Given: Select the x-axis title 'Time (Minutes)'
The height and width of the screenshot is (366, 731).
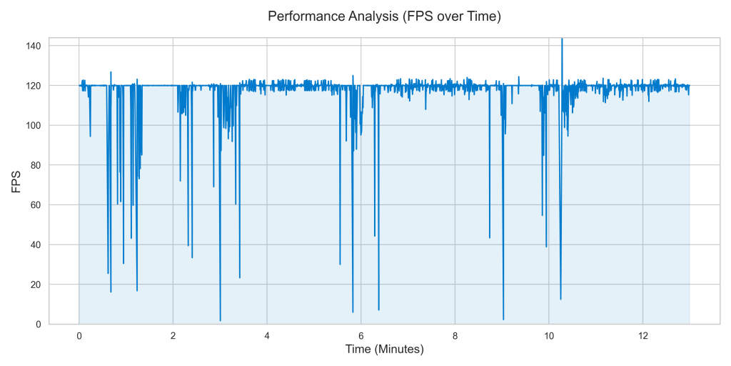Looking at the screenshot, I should click(384, 350).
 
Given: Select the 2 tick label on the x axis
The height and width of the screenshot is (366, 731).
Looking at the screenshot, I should click(173, 335).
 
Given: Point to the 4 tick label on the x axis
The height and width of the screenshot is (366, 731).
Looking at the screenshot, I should click(267, 335).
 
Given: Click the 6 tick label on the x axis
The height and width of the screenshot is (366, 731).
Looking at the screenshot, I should click(361, 335).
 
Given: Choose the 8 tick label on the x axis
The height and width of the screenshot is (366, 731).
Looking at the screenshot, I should click(455, 335).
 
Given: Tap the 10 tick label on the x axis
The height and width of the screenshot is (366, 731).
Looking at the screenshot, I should click(549, 335).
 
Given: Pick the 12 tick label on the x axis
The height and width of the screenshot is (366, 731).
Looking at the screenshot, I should click(643, 335).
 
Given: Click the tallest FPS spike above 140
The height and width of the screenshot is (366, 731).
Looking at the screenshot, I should click(562, 39).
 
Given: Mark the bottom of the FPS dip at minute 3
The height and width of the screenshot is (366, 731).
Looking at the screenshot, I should click(220, 320).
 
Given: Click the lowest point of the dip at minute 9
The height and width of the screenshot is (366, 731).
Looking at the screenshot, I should click(503, 320).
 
